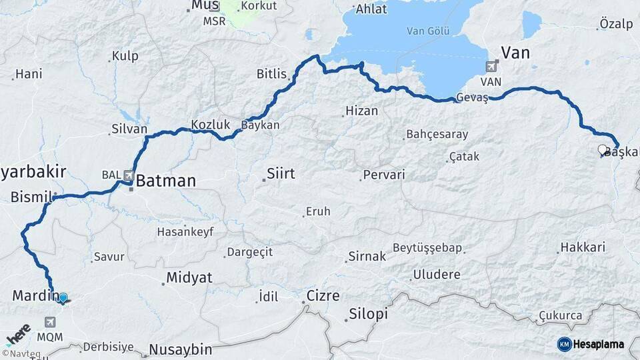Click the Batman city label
[167, 181]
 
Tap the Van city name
[515, 53]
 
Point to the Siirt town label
[280, 174]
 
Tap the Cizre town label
[323, 295]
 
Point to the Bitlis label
[271, 74]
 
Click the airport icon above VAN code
[492, 66]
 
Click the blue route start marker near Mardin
[63, 298]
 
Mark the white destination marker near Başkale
[603, 150]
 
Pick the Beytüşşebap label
[427, 248]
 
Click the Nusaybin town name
[180, 349]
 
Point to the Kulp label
[125, 57]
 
